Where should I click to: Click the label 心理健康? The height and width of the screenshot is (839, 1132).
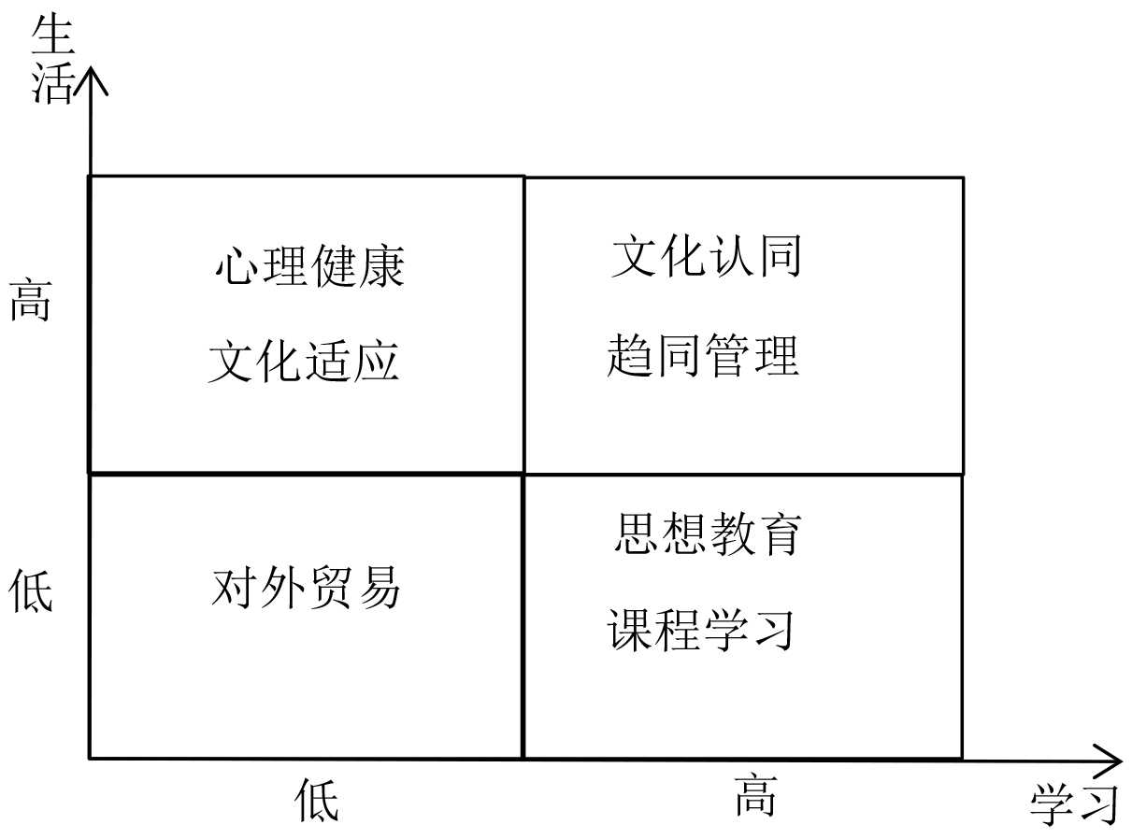click(309, 266)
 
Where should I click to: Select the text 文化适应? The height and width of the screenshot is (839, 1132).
click(304, 361)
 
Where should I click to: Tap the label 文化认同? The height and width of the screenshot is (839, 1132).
click(707, 256)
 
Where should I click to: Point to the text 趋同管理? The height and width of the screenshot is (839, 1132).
click(703, 356)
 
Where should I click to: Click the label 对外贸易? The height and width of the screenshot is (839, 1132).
click(306, 589)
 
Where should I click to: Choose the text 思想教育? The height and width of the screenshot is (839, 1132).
click(708, 533)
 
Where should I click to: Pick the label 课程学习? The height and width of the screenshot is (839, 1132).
click(701, 629)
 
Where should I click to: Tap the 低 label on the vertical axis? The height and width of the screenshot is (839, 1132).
click(30, 590)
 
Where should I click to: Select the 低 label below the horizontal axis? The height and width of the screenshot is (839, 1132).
click(317, 801)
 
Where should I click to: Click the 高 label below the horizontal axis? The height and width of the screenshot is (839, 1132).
click(755, 795)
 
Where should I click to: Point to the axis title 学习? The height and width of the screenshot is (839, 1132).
click(1074, 805)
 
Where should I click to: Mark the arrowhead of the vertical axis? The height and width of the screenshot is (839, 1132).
click(91, 75)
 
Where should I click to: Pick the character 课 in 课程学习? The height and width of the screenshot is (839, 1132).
click(630, 629)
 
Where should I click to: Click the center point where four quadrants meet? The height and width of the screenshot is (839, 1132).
click(523, 474)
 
